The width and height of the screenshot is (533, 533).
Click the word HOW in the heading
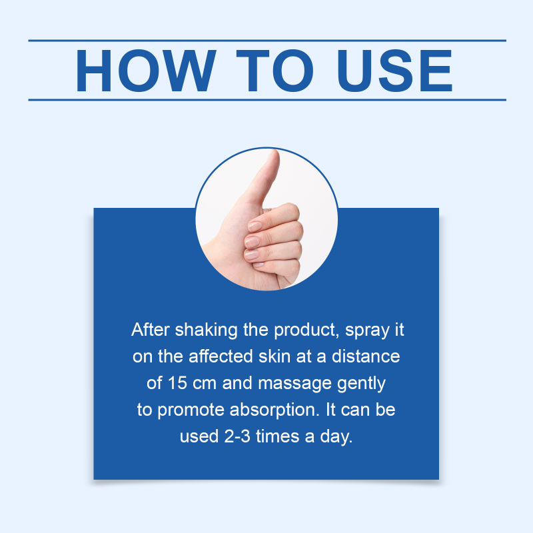145,71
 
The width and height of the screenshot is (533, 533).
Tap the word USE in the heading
394,71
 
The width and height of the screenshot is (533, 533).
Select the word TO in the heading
274,71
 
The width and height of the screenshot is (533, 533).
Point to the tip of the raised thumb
274,152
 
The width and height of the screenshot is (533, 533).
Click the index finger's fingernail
255,227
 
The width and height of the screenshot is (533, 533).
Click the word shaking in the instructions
206,330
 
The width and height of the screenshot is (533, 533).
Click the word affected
221,356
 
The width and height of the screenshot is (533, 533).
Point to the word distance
366,356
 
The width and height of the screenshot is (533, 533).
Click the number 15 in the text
177,383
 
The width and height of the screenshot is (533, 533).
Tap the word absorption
274,410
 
